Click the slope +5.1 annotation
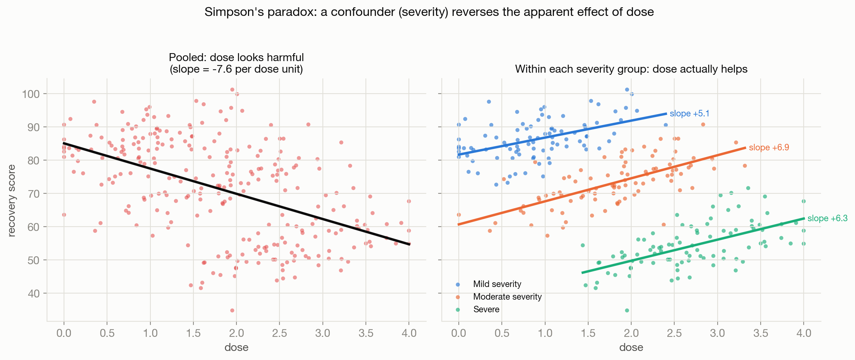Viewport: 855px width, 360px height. tap(689, 113)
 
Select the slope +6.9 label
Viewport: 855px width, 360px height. tap(769, 147)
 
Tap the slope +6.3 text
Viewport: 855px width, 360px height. tap(828, 218)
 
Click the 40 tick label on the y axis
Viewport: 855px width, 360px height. tap(34, 293)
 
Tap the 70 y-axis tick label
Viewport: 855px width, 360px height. tap(34, 193)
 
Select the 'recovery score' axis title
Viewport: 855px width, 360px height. tap(12, 201)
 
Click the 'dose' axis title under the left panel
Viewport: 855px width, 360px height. tap(236, 347)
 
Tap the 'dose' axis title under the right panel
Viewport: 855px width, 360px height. tap(631, 347)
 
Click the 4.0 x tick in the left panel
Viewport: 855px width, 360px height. tap(409, 333)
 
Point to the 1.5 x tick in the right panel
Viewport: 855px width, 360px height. tap(588, 333)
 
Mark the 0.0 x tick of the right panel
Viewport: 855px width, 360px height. tap(459, 333)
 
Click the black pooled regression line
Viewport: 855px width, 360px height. tap(236, 194)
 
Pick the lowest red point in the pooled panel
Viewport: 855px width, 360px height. tap(232, 310)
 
